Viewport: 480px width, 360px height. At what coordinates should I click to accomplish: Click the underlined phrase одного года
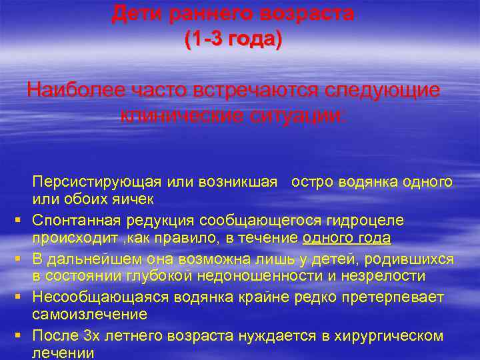(x=347, y=239)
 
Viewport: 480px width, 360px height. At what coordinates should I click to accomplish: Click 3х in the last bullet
(x=92, y=335)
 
